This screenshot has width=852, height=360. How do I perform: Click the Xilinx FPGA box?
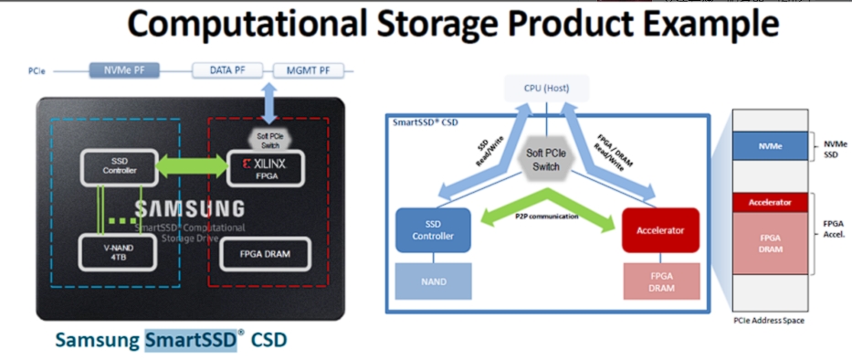(268, 165)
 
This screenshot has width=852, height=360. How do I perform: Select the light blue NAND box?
(433, 282)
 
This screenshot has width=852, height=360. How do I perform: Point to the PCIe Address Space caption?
(772, 321)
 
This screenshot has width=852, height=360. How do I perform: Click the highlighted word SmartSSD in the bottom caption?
(190, 340)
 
